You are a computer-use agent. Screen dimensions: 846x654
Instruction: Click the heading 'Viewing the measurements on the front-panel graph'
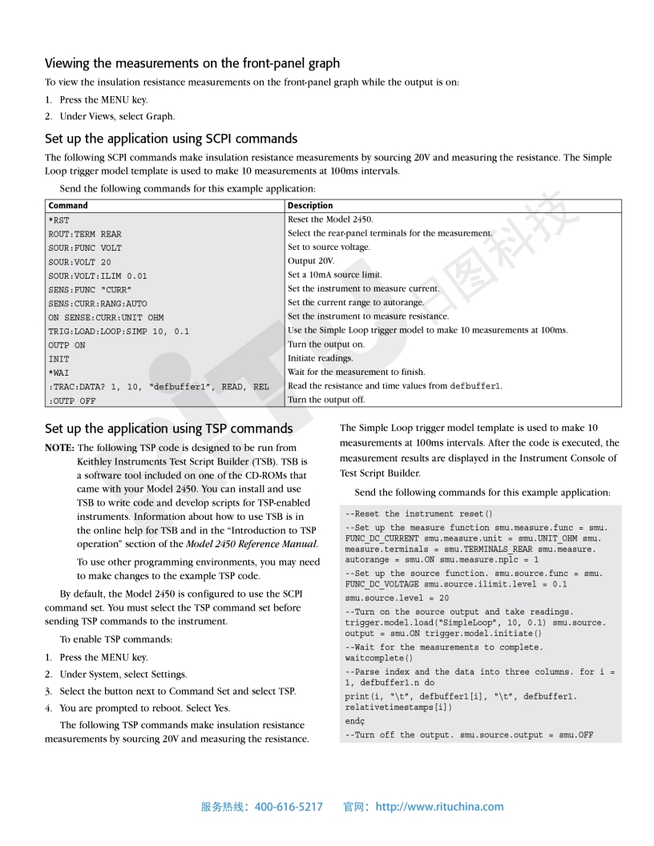coord(192,63)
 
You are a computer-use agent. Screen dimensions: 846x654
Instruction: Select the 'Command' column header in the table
coord(68,206)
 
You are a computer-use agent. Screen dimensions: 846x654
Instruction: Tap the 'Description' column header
coord(310,206)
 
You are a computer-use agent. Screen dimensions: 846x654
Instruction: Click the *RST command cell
coord(59,220)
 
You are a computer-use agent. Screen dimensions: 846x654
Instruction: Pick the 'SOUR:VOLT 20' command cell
coord(80,261)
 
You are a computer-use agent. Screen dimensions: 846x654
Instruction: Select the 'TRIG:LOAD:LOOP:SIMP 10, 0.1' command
coord(119,331)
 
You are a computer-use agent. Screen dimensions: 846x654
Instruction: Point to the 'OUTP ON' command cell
coord(67,345)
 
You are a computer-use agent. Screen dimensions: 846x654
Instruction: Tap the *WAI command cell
coord(59,373)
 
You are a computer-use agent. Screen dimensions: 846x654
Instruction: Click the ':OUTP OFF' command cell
coord(71,400)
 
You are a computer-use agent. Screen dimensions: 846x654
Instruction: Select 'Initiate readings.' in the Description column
coord(320,358)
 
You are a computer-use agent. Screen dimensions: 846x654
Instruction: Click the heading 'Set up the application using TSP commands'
coord(168,429)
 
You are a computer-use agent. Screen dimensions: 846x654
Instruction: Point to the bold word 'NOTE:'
coord(59,448)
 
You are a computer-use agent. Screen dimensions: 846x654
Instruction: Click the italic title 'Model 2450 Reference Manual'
coord(252,545)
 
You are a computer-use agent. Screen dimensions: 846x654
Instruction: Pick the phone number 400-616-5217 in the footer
coord(289,807)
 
